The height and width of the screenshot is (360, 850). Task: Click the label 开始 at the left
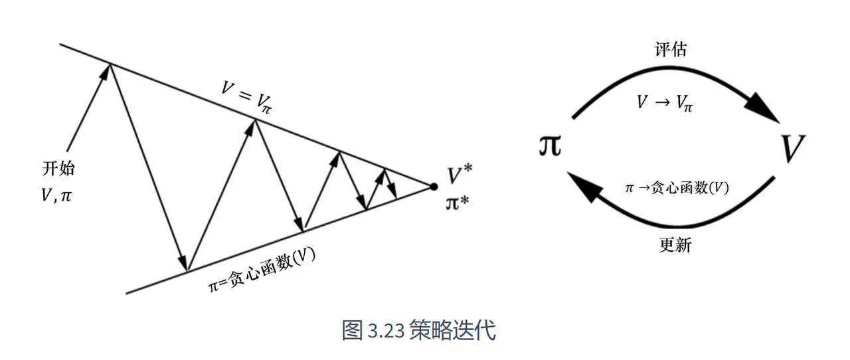click(58, 168)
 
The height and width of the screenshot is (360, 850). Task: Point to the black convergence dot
click(434, 187)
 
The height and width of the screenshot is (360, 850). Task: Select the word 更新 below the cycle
click(675, 245)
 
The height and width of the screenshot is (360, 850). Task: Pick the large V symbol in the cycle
click(792, 147)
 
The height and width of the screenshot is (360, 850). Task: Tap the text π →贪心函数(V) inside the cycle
click(677, 188)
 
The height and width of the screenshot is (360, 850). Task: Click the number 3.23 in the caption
click(386, 330)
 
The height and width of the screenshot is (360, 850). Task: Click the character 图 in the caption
click(351, 330)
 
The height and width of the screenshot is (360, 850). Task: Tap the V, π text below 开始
click(56, 196)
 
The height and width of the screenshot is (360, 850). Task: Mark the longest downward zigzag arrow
click(147, 166)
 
